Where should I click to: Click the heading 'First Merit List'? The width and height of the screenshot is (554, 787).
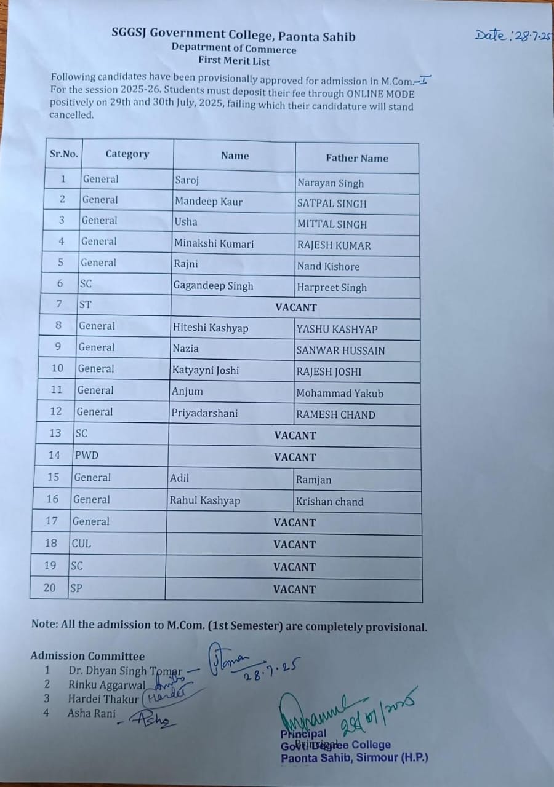(x=234, y=61)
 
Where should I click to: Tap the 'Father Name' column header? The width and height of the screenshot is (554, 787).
(x=357, y=158)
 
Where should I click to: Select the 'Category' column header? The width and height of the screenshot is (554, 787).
(x=127, y=154)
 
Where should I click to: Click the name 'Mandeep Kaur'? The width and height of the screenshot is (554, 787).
(x=209, y=202)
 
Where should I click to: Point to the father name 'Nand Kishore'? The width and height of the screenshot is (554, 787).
(x=328, y=266)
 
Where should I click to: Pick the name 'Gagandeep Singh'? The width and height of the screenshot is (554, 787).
(x=213, y=286)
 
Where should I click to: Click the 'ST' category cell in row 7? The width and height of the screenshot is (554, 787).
(x=86, y=304)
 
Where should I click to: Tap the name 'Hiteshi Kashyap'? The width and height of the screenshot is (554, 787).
(x=211, y=328)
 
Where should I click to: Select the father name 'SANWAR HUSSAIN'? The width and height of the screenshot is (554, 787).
(x=340, y=350)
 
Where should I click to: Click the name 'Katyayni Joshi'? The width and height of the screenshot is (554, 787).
(x=206, y=370)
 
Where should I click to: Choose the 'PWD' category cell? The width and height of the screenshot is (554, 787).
(x=87, y=456)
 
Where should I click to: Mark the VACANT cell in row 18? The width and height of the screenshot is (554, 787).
(x=294, y=544)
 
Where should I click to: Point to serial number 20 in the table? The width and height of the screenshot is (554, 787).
(x=50, y=588)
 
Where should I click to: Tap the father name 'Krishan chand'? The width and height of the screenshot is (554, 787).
(x=329, y=501)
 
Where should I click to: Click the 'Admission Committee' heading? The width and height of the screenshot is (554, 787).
(x=87, y=656)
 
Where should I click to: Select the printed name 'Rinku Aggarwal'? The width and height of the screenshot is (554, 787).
(x=106, y=684)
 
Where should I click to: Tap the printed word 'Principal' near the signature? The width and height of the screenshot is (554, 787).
(x=303, y=734)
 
